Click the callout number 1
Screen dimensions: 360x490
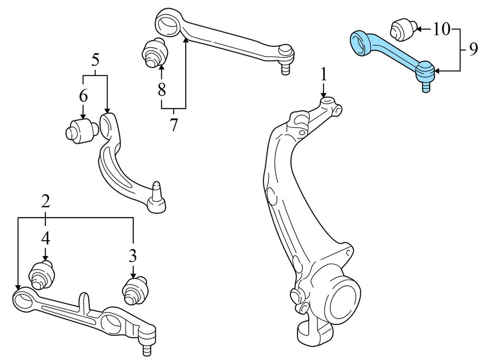pyautogui.click(x=323, y=75)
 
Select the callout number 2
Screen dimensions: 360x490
pyautogui.click(x=46, y=201)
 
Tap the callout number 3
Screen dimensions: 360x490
pyautogui.click(x=133, y=253)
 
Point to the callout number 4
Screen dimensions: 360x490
pyautogui.click(x=46, y=237)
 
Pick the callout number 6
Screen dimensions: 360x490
pyautogui.click(x=83, y=95)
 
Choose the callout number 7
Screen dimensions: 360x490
pyautogui.click(x=174, y=124)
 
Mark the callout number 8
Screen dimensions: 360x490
pyautogui.click(x=161, y=90)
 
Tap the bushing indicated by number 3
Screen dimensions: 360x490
pyautogui.click(x=135, y=290)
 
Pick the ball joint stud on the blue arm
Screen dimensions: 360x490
pyautogui.click(x=425, y=86)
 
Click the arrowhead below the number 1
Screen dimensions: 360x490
pyautogui.click(x=323, y=95)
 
